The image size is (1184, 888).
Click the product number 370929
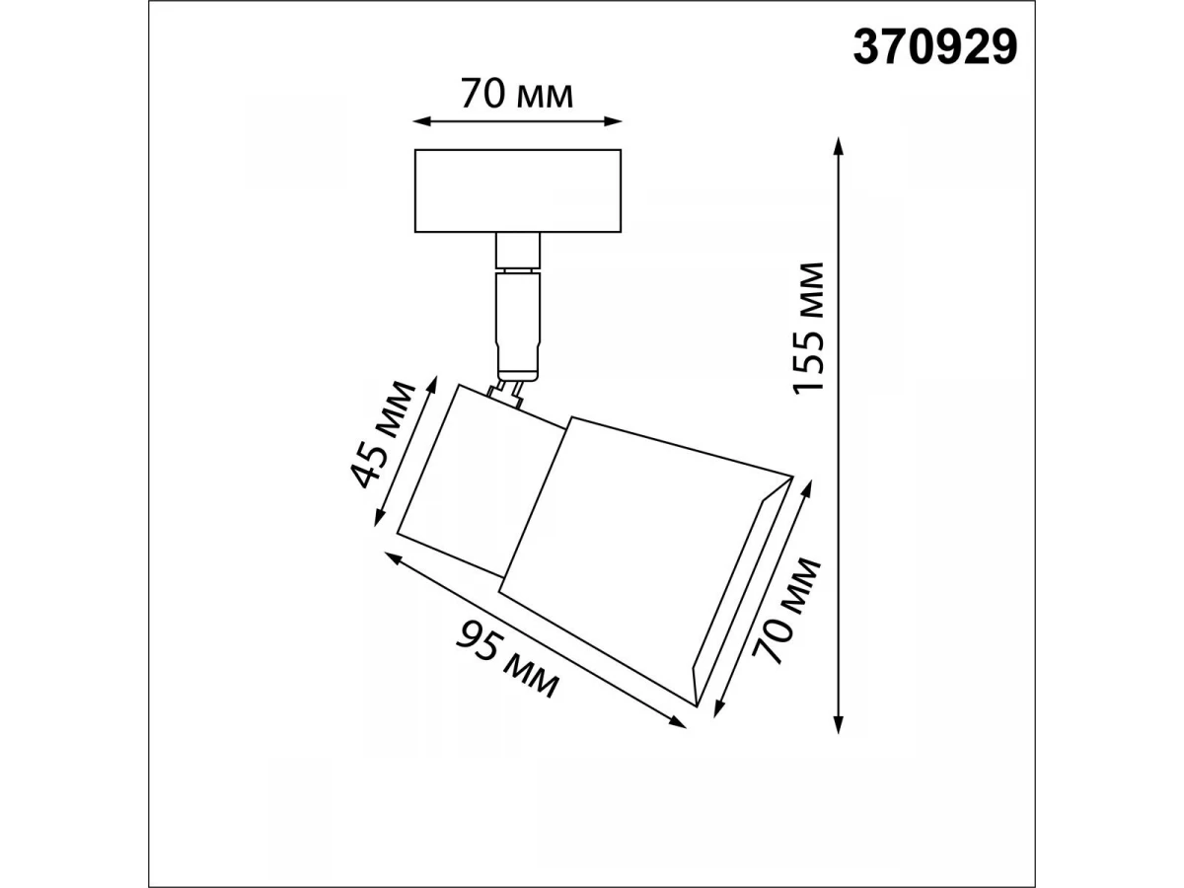tap(934, 47)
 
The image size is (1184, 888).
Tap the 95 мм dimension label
tap(506, 660)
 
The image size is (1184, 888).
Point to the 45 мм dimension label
tap(383, 434)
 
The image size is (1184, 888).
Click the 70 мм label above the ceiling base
tap(517, 94)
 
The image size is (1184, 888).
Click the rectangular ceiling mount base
tap(518, 190)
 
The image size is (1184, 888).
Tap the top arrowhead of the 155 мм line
tap(838, 146)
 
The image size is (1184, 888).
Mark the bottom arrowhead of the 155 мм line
tap(838, 724)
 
